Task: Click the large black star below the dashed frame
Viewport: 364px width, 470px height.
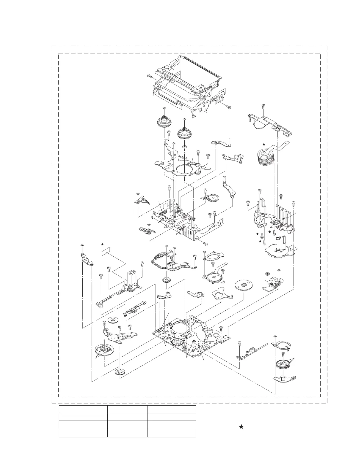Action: coord(241,427)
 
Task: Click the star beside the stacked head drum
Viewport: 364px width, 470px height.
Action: coord(263,144)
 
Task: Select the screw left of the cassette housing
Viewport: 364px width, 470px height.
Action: coord(149,77)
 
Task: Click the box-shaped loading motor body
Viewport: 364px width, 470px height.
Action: coord(131,278)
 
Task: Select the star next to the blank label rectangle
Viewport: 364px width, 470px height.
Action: coord(102,244)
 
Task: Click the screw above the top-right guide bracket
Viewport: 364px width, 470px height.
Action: coord(263,106)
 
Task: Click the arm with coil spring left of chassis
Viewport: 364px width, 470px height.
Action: coord(147,230)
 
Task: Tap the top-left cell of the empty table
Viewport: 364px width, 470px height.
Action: coord(83,409)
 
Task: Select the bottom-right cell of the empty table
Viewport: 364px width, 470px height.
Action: coord(172,433)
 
